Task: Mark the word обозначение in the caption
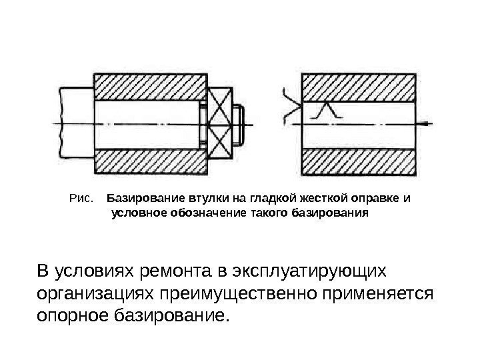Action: click(199, 213)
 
